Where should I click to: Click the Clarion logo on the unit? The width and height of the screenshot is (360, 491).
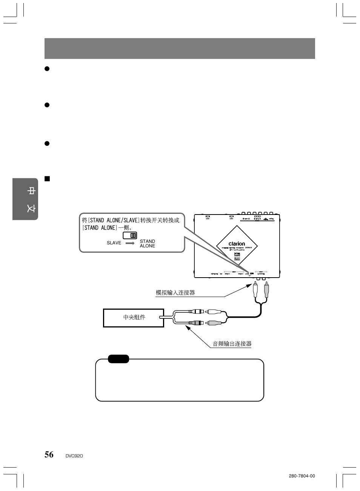pos(237,244)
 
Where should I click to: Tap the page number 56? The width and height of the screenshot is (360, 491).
pos(49,454)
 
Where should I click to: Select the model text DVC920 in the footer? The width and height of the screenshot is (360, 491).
pos(74,456)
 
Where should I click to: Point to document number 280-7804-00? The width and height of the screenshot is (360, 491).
pos(302,476)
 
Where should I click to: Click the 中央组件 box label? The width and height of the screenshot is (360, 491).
pos(134,317)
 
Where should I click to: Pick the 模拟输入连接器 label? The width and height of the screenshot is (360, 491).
pos(175,292)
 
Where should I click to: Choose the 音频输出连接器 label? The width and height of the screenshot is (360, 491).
pos(232,344)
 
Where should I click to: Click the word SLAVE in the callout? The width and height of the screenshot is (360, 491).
pos(114,243)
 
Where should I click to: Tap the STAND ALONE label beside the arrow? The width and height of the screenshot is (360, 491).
pos(147,244)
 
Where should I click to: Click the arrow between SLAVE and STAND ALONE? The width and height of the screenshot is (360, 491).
pos(130,243)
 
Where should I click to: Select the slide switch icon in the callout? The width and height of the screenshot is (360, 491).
pos(130,235)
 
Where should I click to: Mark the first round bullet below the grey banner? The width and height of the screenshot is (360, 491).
pos(47,69)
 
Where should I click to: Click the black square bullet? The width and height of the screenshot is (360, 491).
pos(47,179)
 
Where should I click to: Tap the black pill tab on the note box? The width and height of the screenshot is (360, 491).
pos(118,359)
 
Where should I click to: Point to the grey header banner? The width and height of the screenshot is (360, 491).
pos(180,48)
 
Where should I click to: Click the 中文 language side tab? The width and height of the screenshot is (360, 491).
pos(25,199)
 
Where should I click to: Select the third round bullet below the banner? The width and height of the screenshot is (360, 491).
pos(47,144)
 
